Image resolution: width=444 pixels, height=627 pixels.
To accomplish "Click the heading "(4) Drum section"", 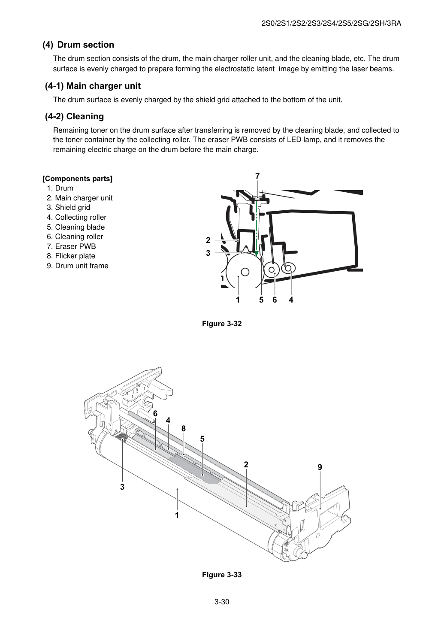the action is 78,45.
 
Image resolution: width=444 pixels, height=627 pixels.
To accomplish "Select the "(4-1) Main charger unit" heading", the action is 93,86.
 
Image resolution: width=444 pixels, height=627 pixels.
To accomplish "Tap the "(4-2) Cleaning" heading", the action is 74,116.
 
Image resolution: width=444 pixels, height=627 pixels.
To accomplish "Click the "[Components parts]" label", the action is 78,179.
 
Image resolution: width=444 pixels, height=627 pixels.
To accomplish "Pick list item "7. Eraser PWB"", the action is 71,246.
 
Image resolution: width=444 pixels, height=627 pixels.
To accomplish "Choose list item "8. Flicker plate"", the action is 71,256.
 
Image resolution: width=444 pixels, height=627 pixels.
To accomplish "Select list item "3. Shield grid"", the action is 69,207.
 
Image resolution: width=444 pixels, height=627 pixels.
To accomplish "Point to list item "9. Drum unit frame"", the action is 78,266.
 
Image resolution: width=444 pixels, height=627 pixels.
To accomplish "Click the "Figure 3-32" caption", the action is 222,324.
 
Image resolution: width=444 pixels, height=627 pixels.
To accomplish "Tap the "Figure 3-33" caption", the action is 222,575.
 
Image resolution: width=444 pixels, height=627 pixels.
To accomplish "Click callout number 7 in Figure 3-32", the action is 257,176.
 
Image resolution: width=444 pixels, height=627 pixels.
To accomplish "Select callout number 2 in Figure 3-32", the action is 208,240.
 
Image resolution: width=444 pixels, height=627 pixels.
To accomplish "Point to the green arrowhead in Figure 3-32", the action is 256,254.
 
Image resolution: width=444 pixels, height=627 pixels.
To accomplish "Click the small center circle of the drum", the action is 245,272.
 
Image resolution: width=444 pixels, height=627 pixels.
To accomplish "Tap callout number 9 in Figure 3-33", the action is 320,467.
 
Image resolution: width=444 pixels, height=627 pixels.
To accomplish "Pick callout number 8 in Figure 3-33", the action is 184,429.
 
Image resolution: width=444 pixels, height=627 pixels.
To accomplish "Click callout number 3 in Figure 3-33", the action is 122,487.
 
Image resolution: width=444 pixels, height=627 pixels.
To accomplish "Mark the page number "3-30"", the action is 222,602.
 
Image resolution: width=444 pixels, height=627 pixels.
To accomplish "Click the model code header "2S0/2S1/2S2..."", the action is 331,24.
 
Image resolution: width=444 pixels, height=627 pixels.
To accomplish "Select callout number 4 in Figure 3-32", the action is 291,300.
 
